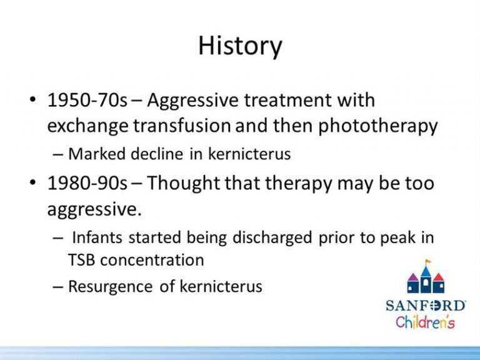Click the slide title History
tap(240, 46)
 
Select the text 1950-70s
tap(87, 100)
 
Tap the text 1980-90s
tap(87, 183)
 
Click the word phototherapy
tap(378, 126)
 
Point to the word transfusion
tap(182, 126)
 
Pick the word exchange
tap(88, 126)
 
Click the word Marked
tap(97, 153)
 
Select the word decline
tap(157, 153)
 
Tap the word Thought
tap(183, 184)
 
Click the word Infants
tap(97, 237)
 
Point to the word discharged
tap(272, 238)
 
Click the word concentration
tap(152, 260)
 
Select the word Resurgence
tap(110, 287)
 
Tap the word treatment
tap(287, 100)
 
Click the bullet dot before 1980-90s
tap(32, 182)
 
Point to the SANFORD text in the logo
tap(426, 306)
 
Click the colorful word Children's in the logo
tap(425, 322)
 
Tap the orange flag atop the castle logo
tap(428, 262)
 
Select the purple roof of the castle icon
tap(413, 277)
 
